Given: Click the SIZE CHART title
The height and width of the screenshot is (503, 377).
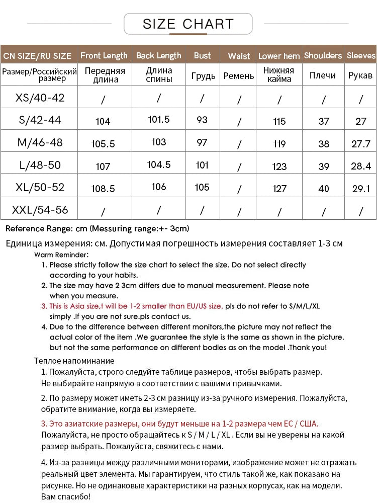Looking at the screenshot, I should point(188,24).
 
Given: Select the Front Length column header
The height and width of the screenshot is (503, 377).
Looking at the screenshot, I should point(104,56).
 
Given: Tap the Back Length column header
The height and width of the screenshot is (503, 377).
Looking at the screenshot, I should point(158,56).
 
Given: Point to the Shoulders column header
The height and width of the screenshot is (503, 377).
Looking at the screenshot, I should point(323,56).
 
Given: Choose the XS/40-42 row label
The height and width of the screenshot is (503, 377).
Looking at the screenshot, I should point(40,98).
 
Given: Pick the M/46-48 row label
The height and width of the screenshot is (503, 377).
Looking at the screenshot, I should point(40,142).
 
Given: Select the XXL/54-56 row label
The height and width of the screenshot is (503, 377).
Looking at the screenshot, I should point(40,209).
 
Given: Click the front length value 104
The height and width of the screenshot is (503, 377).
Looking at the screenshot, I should point(103,121).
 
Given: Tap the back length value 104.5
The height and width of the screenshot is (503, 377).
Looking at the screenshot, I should point(159,164).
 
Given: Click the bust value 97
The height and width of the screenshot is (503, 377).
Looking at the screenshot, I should point(202,142).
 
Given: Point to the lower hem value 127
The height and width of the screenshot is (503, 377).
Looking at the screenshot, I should point(279,189).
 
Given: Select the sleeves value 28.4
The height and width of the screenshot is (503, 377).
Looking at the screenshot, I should point(361,166).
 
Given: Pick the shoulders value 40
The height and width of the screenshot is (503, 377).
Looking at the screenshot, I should point(324,189).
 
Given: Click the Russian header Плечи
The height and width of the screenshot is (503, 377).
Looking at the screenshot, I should point(322,75).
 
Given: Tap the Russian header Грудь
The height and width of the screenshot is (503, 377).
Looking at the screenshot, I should point(203,76).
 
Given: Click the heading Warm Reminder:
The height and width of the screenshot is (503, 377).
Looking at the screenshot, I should point(61,255).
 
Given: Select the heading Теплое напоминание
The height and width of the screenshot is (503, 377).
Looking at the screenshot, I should point(74,361).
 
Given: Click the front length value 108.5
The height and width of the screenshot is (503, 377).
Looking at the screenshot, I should point(103,189).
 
